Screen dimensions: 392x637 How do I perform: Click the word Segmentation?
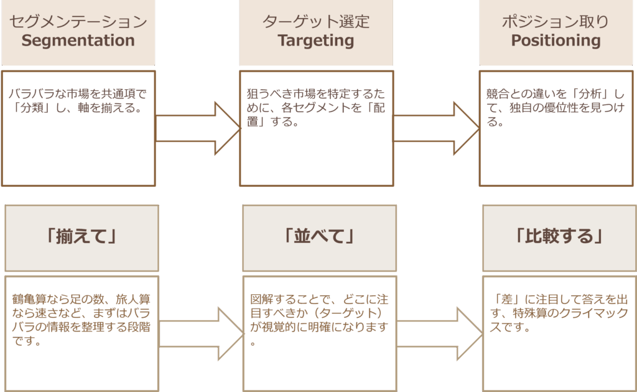[x=78, y=41]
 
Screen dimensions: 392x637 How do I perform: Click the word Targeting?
[x=316, y=41]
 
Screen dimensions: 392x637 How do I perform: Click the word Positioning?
[x=556, y=41]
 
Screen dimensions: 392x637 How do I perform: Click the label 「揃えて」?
[x=82, y=237]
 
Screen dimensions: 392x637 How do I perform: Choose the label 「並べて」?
[x=318, y=237]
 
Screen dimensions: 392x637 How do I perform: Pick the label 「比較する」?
[x=559, y=237]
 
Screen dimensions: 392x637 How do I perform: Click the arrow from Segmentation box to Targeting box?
[x=198, y=128]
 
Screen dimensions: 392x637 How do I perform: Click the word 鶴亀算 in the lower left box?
[x=27, y=298]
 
